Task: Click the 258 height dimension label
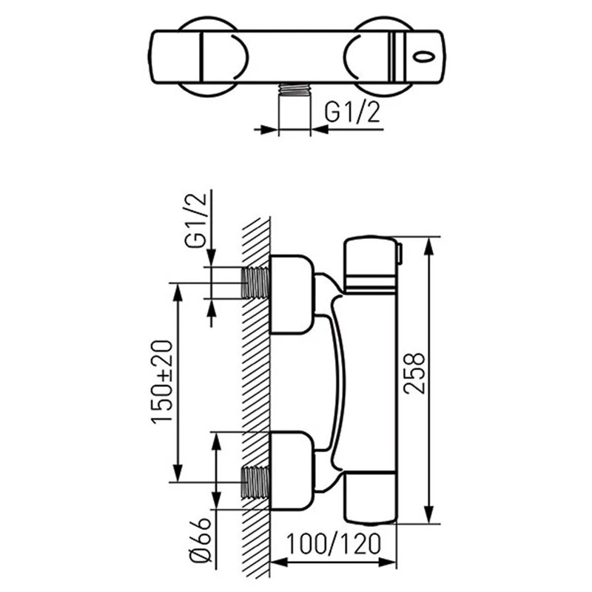tap(414, 374)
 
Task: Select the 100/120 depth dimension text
tap(334, 544)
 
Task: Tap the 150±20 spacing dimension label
tap(161, 382)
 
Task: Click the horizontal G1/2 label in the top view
tap(352, 112)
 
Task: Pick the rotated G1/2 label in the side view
tap(195, 220)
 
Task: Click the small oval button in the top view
tap(424, 57)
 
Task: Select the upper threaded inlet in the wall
tap(256, 283)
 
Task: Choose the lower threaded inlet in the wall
tap(256, 482)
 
